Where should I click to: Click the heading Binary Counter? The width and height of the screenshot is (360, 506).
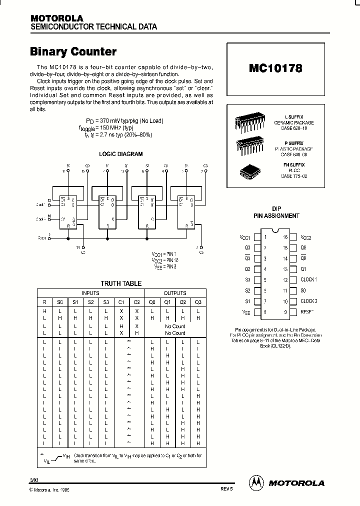click(73, 51)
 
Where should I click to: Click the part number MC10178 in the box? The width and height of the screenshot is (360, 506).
click(275, 68)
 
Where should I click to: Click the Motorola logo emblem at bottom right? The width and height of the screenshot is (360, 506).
click(256, 482)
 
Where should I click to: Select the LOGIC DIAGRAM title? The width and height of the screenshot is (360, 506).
click(120, 154)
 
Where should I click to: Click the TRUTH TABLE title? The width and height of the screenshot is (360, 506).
click(121, 283)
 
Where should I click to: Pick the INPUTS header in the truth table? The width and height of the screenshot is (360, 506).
click(90, 293)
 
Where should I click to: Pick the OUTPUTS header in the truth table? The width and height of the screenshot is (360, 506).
click(175, 293)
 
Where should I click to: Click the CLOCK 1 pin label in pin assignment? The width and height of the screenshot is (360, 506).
click(308, 279)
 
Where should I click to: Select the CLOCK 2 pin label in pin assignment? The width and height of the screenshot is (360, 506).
click(308, 301)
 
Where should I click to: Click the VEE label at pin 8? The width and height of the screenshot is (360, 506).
click(245, 312)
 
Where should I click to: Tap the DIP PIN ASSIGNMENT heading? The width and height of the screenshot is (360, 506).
click(278, 212)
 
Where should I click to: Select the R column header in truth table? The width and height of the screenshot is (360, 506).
click(44, 302)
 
